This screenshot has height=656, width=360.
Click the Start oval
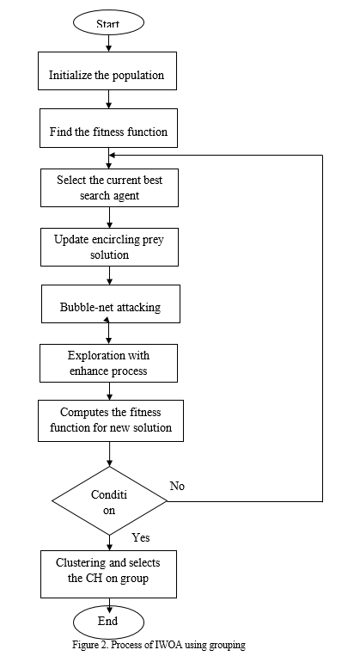coord(109,22)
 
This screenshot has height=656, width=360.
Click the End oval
coord(109,622)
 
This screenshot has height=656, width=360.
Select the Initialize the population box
coord(107,71)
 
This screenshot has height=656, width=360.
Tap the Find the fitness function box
coord(109,128)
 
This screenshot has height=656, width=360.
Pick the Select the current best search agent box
coord(110,187)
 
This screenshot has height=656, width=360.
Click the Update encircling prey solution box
coord(110,247)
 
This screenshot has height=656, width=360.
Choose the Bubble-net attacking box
coord(111,303)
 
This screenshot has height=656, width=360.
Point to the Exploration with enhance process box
coord(109,363)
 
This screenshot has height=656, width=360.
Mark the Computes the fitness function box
coord(111,420)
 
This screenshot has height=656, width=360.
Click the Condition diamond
coord(110,500)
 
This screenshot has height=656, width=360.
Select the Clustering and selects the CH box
coord(109,574)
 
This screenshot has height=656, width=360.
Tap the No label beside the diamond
coord(177,486)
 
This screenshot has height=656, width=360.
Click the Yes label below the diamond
coord(141,537)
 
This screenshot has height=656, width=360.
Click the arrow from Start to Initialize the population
coord(109,43)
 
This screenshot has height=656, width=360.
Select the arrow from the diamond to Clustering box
coord(110,543)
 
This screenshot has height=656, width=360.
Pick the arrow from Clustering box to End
coord(109,602)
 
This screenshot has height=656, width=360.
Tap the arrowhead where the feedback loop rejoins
coord(112,156)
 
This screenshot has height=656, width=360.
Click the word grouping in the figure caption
coord(229,646)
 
